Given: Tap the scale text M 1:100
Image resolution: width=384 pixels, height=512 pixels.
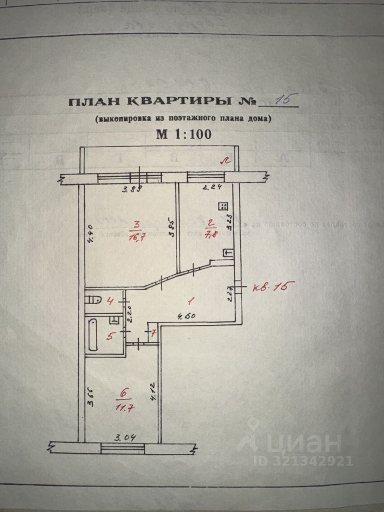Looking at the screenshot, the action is point(183,134).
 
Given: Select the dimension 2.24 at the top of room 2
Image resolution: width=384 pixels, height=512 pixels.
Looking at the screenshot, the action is point(213,187).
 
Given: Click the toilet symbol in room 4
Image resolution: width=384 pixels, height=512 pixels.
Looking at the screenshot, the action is point(95,299).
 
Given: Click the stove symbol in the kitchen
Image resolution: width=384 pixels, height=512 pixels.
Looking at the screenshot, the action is point(224,206).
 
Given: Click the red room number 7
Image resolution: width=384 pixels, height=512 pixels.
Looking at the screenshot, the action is point(154,334).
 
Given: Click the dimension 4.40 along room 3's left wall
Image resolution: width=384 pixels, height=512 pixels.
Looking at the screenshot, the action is point(91,234).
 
